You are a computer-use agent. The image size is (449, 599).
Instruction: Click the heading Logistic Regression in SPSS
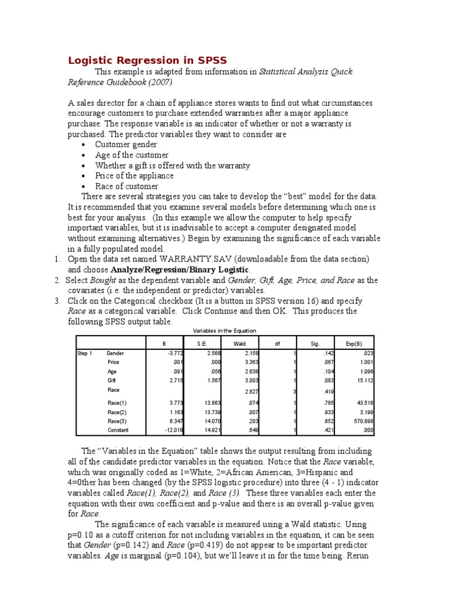click(147, 60)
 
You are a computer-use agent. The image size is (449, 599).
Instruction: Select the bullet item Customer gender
click(126, 144)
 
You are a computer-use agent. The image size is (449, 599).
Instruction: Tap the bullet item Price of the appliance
click(134, 175)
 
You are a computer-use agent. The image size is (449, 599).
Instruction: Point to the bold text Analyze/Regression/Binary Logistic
click(179, 269)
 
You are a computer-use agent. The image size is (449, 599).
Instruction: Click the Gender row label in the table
click(115, 353)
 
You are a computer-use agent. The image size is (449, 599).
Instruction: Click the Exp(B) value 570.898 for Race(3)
click(362, 421)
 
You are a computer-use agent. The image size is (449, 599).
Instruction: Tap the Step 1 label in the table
click(85, 353)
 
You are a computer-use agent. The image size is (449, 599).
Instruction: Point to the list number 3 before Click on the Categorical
click(57, 301)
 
